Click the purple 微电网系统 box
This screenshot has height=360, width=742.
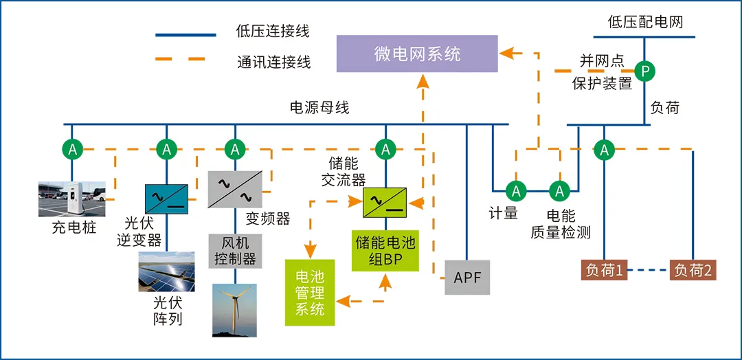point(417,54)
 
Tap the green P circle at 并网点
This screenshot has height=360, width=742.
point(644,70)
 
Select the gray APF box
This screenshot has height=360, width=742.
point(467,278)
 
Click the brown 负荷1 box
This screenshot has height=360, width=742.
point(605,270)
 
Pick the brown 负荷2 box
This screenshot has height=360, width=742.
point(694,270)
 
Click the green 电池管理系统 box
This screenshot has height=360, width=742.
point(310,292)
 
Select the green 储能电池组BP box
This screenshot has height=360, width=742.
point(385,250)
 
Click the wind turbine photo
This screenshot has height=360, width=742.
point(234,310)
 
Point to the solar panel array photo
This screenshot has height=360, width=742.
point(166,272)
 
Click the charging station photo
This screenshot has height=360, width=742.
point(72,199)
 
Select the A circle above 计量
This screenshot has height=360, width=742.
point(515,190)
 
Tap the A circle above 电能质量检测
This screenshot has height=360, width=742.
point(560,190)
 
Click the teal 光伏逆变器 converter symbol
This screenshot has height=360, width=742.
point(166,197)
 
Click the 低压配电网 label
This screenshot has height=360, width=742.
point(646,22)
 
